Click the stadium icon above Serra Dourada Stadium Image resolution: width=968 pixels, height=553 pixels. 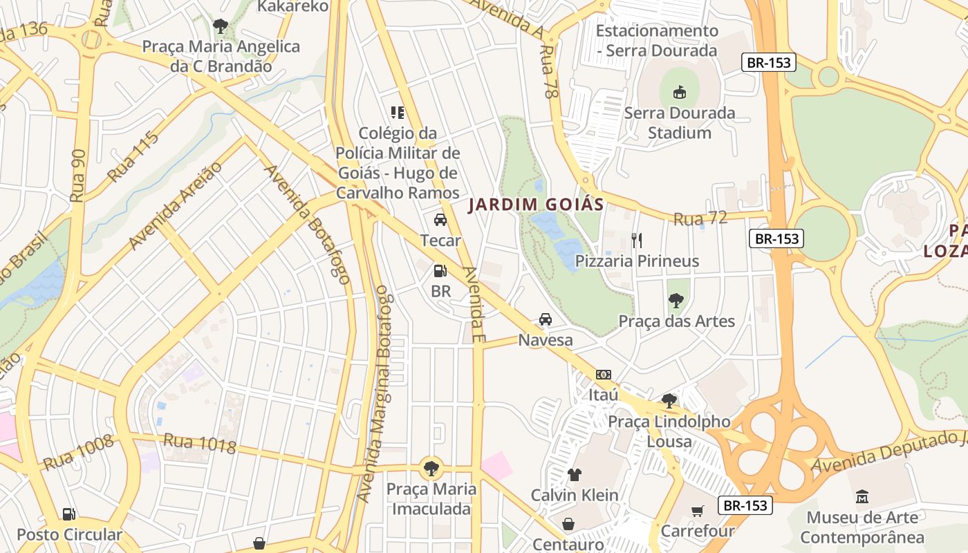[x=680, y=92]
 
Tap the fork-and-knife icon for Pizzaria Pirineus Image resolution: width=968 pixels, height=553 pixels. [x=637, y=241]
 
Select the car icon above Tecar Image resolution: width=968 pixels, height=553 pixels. [x=440, y=220]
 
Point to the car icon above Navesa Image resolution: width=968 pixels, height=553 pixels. [x=545, y=319]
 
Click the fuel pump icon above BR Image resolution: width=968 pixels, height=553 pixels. [x=440, y=271]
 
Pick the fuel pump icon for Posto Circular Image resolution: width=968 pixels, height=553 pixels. [x=68, y=514]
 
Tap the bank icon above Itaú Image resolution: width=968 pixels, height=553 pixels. [x=603, y=375]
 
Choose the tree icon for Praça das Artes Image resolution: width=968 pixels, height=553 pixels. [x=676, y=301]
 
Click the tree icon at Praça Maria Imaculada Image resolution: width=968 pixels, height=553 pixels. [x=431, y=468]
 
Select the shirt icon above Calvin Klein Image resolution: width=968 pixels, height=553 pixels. [x=574, y=475]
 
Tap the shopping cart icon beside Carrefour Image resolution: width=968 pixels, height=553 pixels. [x=697, y=511]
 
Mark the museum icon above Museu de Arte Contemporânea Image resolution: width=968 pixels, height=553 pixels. [x=862, y=496]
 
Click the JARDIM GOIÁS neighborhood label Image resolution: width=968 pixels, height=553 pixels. [x=536, y=205]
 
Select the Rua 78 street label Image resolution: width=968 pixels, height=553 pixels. [x=548, y=72]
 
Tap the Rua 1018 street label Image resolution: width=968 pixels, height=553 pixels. [x=199, y=444]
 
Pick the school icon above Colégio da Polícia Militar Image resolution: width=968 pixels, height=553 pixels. [x=398, y=112]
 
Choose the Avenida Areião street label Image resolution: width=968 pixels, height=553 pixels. [x=176, y=205]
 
